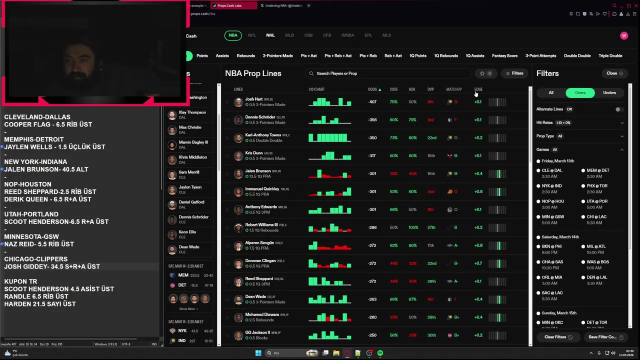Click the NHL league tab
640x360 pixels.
click(270, 35)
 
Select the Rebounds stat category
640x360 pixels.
click(245, 56)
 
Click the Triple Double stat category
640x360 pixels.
click(610, 56)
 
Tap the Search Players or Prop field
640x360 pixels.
click(387, 73)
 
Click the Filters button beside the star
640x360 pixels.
click(514, 73)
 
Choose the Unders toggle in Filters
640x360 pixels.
click(609, 92)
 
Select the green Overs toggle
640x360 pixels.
click(580, 92)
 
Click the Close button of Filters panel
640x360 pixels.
click(614, 73)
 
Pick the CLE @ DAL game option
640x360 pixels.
click(552, 170)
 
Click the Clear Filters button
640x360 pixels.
click(558, 337)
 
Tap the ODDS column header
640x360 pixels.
click(372, 89)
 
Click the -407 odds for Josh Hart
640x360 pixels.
click(372, 102)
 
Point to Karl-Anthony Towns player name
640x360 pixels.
click(263, 135)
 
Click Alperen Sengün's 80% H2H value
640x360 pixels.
click(412, 245)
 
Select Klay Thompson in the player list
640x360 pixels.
click(192, 112)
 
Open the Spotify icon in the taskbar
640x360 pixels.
click(380, 353)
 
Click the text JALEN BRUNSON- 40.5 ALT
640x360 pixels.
click(46, 169)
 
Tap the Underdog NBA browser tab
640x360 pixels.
click(281, 5)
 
